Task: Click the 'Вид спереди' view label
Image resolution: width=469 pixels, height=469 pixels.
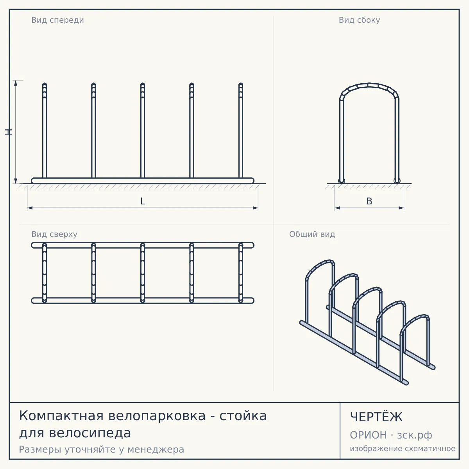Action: coord(58,20)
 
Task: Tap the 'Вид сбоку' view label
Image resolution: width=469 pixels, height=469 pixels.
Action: coord(359,20)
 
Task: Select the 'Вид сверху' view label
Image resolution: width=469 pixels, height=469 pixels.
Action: coord(54,234)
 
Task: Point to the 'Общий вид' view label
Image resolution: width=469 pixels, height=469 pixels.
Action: coord(312,234)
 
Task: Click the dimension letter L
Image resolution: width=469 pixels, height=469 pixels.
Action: coord(143,201)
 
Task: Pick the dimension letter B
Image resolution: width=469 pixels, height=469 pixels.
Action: coord(369,201)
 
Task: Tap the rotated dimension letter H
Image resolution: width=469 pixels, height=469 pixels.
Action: coord(9,132)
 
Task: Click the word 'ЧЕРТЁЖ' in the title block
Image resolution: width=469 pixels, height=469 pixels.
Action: coord(376,417)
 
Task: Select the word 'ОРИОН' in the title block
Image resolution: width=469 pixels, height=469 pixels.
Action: coord(368,435)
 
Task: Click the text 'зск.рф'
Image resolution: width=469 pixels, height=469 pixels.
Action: coord(415,435)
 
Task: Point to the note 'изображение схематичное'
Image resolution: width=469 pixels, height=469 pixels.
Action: coord(403,448)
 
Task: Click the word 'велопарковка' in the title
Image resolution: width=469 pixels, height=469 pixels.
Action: coord(157,416)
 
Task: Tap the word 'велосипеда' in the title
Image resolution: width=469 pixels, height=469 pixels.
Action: coord(90,433)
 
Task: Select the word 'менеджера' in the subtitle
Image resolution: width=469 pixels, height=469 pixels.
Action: coord(156,449)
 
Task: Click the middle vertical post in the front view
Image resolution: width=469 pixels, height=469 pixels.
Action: coord(143,131)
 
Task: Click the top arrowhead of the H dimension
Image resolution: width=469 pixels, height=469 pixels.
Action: coord(16,83)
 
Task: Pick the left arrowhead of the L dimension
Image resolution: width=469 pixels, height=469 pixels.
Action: coord(30,208)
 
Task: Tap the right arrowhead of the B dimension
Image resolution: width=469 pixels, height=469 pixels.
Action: coord(401,208)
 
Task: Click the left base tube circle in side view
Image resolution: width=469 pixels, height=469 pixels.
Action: coord(342,181)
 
